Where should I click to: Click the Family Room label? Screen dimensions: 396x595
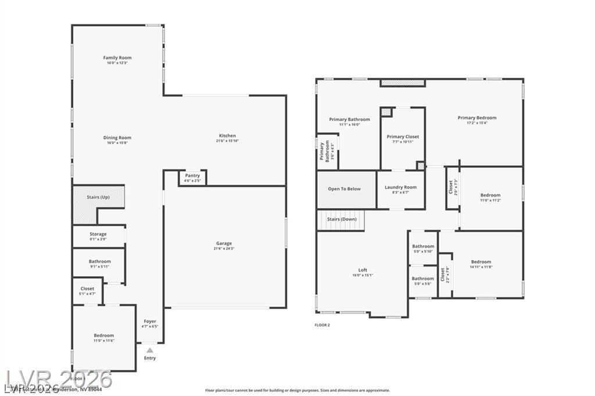tap(117, 58)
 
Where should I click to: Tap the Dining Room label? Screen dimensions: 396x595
tap(117, 138)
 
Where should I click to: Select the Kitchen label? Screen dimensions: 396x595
tap(227, 136)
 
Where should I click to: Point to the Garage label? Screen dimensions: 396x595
tap(224, 244)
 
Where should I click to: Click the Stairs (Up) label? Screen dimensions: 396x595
tap(98, 197)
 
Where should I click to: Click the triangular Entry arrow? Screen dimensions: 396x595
tap(150, 350)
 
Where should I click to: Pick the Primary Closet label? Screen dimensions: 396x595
tap(403, 137)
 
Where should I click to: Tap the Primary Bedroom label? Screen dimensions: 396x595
tap(476, 118)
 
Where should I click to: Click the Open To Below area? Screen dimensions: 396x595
tap(344, 189)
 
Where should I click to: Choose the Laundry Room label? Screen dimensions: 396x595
tap(400, 188)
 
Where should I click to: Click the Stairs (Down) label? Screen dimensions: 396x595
tap(342, 219)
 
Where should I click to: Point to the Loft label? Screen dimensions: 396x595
tap(363, 270)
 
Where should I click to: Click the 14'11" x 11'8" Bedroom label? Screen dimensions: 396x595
tap(481, 262)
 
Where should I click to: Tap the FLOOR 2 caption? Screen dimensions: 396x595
tap(322, 325)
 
